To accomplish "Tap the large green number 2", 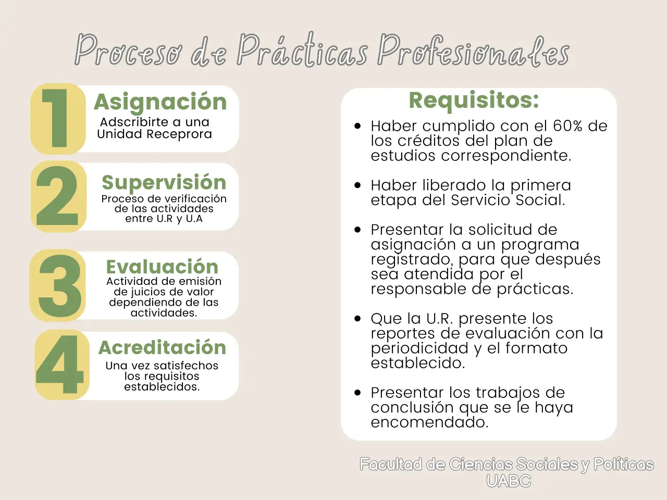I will tap(58, 196).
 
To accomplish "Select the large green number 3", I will tap(60, 285).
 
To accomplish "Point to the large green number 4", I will tap(60, 364).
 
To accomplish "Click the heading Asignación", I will tap(160, 102).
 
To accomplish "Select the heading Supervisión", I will tap(164, 183).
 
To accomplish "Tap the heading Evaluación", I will tap(162, 267).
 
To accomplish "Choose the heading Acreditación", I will tap(162, 347).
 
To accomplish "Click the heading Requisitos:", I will tap(474, 100).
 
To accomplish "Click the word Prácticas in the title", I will tap(302, 51).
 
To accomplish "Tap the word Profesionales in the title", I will tap(473, 51).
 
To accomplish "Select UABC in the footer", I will tap(508, 481).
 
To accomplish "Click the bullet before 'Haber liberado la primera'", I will tap(357, 185).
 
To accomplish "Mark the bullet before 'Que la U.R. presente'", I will tap(357, 319).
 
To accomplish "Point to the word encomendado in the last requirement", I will tap(429, 422).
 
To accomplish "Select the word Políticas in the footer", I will tap(623, 464).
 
